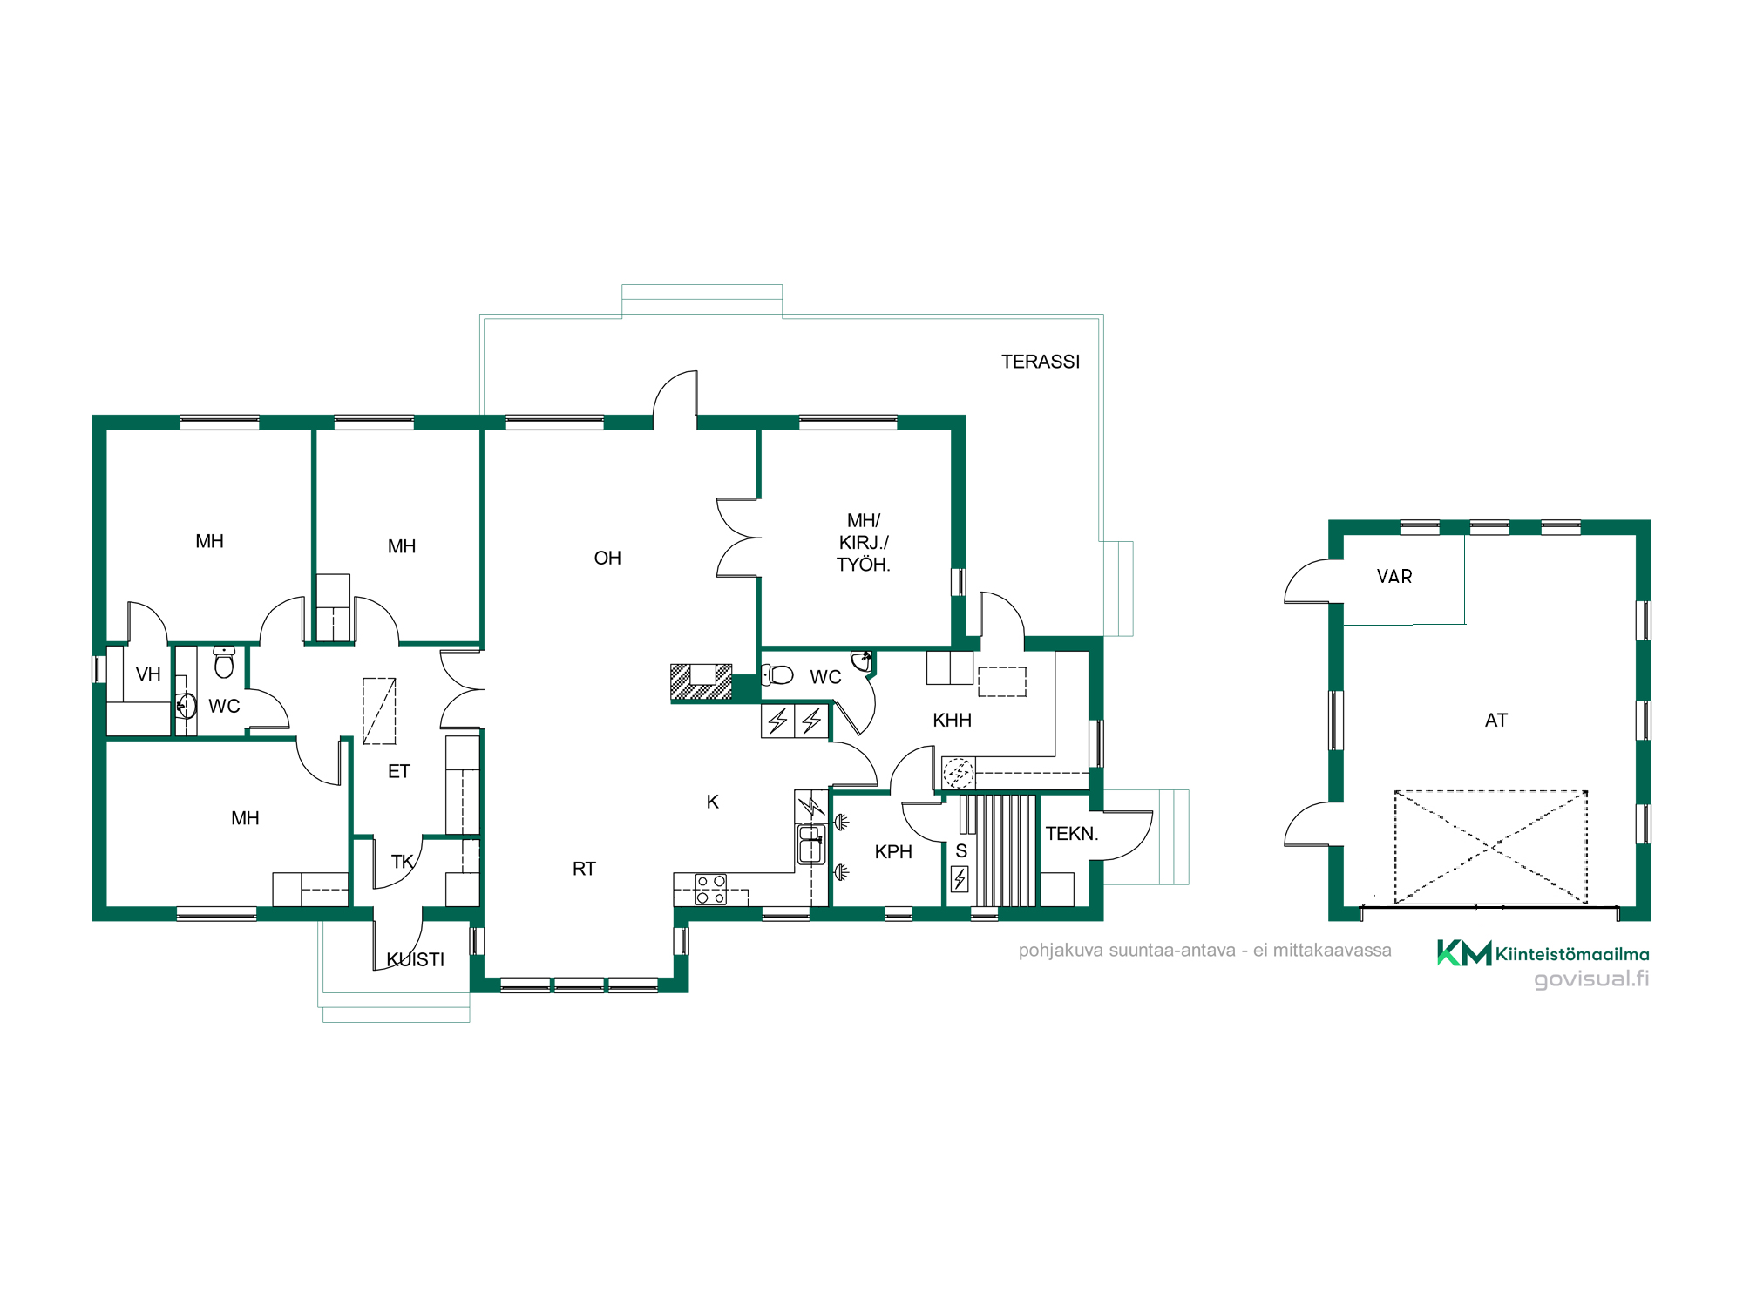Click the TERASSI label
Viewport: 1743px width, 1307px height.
[1041, 362]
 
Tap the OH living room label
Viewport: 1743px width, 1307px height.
[607, 558]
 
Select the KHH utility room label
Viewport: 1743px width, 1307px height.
[952, 721]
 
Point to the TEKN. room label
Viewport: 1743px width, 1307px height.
[1072, 834]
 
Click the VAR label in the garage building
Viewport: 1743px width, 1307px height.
[1394, 577]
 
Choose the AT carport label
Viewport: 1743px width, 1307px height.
[1496, 721]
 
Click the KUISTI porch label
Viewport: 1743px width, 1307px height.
[416, 959]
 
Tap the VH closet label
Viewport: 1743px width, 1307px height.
[148, 674]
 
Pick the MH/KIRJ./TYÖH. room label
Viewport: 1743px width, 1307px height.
[864, 543]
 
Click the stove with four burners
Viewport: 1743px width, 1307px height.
[711, 890]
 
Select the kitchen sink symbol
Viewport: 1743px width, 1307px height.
[810, 844]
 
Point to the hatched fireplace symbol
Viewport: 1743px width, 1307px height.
[702, 682]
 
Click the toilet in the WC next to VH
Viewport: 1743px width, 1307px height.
[224, 662]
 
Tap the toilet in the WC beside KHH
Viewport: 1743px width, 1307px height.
[777, 674]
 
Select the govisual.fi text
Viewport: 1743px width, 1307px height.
[1591, 979]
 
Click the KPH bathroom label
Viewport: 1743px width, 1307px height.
[893, 852]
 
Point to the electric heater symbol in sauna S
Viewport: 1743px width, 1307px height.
[960, 879]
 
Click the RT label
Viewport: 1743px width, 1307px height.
[584, 869]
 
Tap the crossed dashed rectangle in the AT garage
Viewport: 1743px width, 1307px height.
[1490, 847]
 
